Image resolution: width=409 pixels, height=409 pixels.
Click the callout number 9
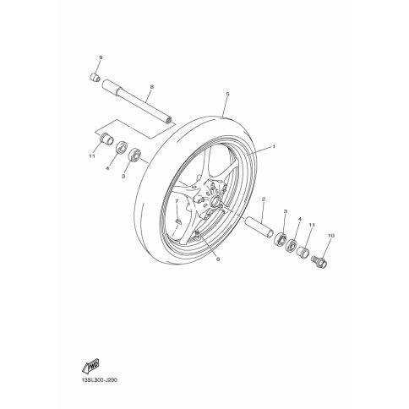[x=101, y=57]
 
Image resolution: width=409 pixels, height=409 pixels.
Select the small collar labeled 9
[x=95, y=77]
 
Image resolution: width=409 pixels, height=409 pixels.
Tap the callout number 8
[x=152, y=87]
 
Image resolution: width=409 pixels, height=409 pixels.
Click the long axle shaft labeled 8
[x=139, y=101]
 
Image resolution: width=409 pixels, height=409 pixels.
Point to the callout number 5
[x=228, y=94]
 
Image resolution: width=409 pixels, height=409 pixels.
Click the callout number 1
[x=273, y=146]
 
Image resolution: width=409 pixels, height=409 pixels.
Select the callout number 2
[x=264, y=199]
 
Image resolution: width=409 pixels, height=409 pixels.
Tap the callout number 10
[x=331, y=235]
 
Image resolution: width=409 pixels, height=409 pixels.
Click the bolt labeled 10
[x=319, y=260]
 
